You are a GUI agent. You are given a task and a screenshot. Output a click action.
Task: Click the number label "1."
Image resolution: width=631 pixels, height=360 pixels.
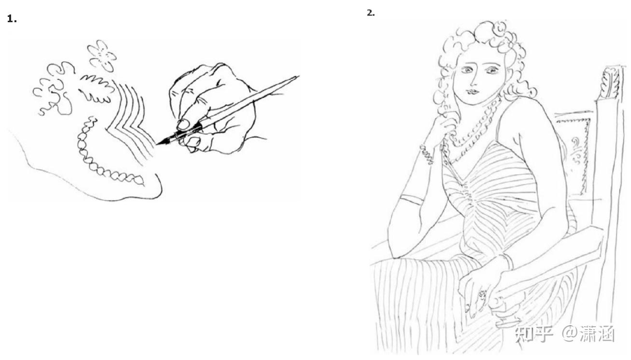12,19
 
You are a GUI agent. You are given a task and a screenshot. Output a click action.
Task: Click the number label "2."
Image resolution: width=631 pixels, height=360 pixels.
370,13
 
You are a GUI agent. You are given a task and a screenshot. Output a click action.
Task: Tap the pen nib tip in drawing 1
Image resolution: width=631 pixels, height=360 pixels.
157,144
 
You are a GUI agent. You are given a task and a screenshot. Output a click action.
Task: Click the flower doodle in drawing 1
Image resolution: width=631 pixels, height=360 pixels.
102,55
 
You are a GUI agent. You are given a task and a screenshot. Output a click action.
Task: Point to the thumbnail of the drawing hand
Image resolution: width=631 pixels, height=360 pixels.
183,125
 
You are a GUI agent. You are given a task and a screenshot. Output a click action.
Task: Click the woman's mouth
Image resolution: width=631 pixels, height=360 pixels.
473,92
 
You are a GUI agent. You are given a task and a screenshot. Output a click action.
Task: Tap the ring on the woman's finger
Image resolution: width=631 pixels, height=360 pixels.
482,295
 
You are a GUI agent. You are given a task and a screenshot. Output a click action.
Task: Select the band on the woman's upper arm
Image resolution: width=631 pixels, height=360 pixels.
412,199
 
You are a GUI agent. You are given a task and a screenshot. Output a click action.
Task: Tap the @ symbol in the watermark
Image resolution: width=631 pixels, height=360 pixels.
570,334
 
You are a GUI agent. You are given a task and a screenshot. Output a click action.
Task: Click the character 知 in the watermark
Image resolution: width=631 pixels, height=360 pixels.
524,334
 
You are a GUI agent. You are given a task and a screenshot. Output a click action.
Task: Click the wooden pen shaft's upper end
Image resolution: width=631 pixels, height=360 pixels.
298,77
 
